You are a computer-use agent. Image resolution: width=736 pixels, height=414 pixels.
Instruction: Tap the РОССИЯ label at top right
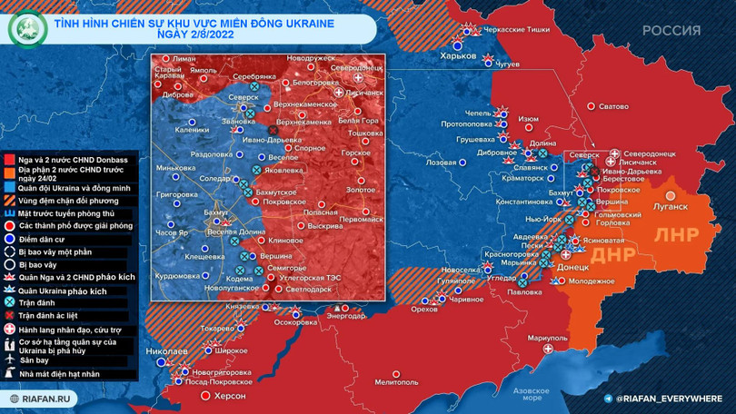click(671, 31)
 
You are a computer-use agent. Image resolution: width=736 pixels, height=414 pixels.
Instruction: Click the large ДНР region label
click(612, 255)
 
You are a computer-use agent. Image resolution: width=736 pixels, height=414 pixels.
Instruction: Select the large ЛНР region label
click(676, 233)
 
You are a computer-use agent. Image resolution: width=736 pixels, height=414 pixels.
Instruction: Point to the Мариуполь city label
click(546, 338)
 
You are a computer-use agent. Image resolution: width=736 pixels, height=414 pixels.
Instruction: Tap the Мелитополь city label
click(396, 382)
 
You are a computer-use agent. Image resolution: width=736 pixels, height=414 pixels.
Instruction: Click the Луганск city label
click(671, 206)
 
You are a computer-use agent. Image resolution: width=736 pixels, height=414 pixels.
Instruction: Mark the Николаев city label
click(166, 350)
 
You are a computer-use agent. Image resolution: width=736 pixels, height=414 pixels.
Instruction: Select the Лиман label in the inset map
click(184, 58)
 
